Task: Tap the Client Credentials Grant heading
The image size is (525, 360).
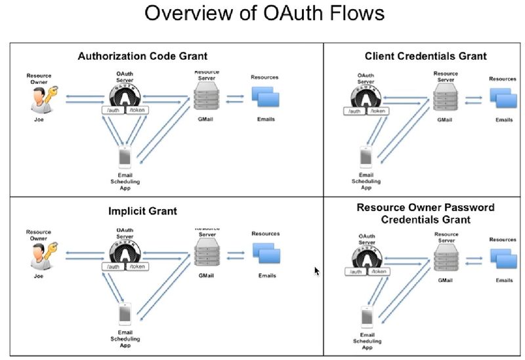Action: pyautogui.click(x=426, y=56)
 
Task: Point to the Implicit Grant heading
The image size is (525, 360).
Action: pyautogui.click(x=142, y=211)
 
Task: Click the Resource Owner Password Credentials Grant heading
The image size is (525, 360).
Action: pyautogui.click(x=425, y=213)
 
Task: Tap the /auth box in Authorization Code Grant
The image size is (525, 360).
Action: pyautogui.click(x=114, y=111)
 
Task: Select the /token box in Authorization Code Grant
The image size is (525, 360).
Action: pyautogui.click(x=137, y=111)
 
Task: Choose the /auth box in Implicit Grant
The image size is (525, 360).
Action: pyautogui.click(x=114, y=266)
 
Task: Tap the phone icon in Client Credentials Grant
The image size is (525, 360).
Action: pyautogui.click(x=366, y=157)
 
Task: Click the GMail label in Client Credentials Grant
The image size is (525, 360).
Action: pyautogui.click(x=446, y=121)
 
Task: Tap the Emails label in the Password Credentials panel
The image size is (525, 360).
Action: pyautogui.click(x=504, y=280)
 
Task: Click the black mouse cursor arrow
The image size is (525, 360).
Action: pyautogui.click(x=317, y=271)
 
